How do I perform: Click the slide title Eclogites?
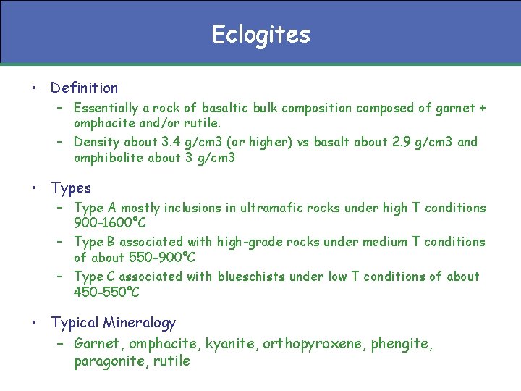(260, 34)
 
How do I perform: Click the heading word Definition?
(84, 88)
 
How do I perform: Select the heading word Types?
(71, 188)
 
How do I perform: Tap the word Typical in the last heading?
(75, 323)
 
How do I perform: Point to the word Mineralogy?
(140, 323)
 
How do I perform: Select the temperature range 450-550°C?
(106, 292)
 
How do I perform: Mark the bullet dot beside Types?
(34, 188)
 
